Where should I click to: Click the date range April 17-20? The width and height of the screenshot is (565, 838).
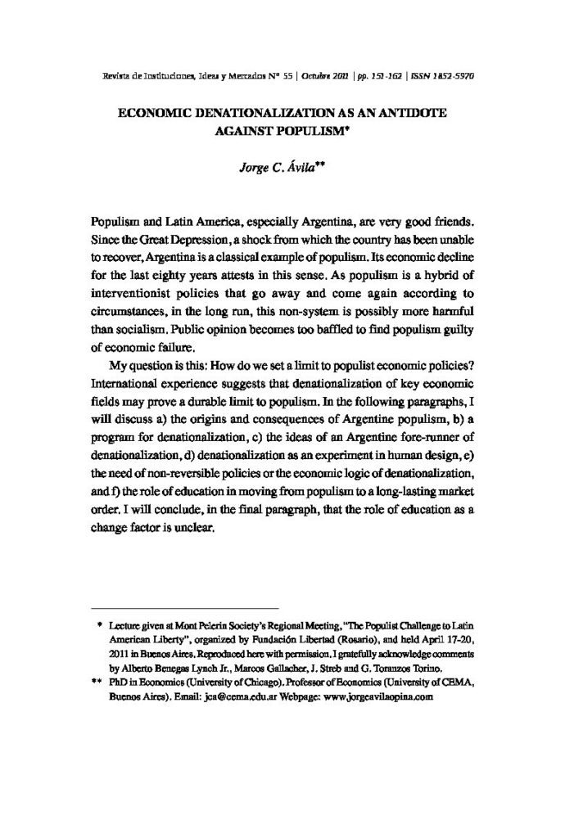tap(441, 641)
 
